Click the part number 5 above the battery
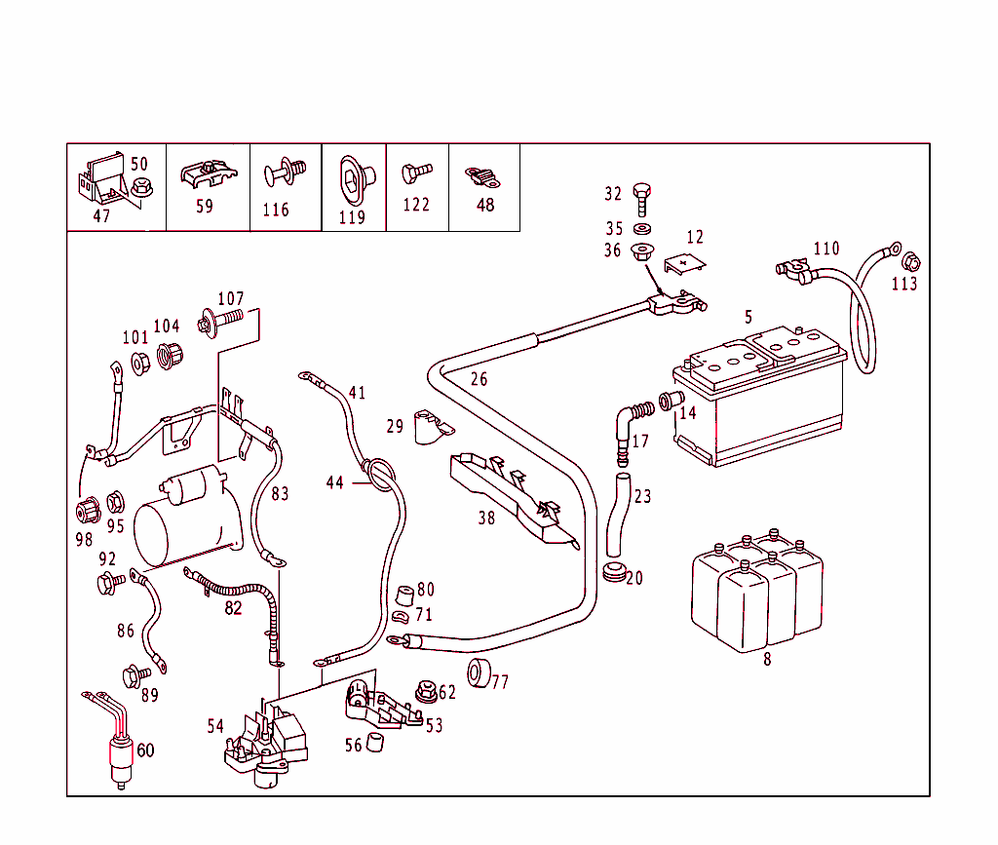coord(748,317)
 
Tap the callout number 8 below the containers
coord(767,659)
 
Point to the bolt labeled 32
coord(640,199)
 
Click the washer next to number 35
coord(640,229)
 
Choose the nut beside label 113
coord(911,262)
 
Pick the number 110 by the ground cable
coord(825,249)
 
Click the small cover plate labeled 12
coord(685,265)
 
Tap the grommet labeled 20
coord(613,572)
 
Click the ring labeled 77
coord(479,672)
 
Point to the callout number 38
coord(485,518)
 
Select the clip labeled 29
coord(428,427)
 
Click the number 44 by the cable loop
coord(334,482)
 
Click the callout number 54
coord(215,726)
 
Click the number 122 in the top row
coord(416,205)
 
